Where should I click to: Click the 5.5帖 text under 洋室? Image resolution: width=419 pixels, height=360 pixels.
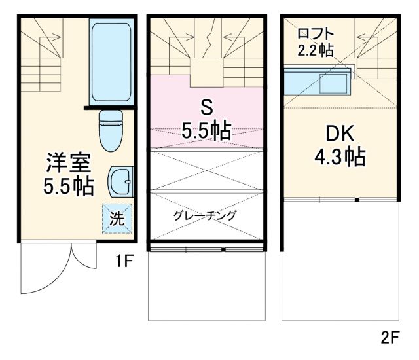(x=68, y=187)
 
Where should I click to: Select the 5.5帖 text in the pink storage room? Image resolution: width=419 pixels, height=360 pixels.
(x=206, y=132)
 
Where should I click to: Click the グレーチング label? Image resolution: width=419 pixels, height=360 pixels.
(x=205, y=215)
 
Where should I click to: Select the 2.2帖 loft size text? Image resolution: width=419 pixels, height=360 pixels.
(x=316, y=50)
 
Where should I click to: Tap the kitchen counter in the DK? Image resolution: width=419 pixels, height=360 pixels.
(x=317, y=84)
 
